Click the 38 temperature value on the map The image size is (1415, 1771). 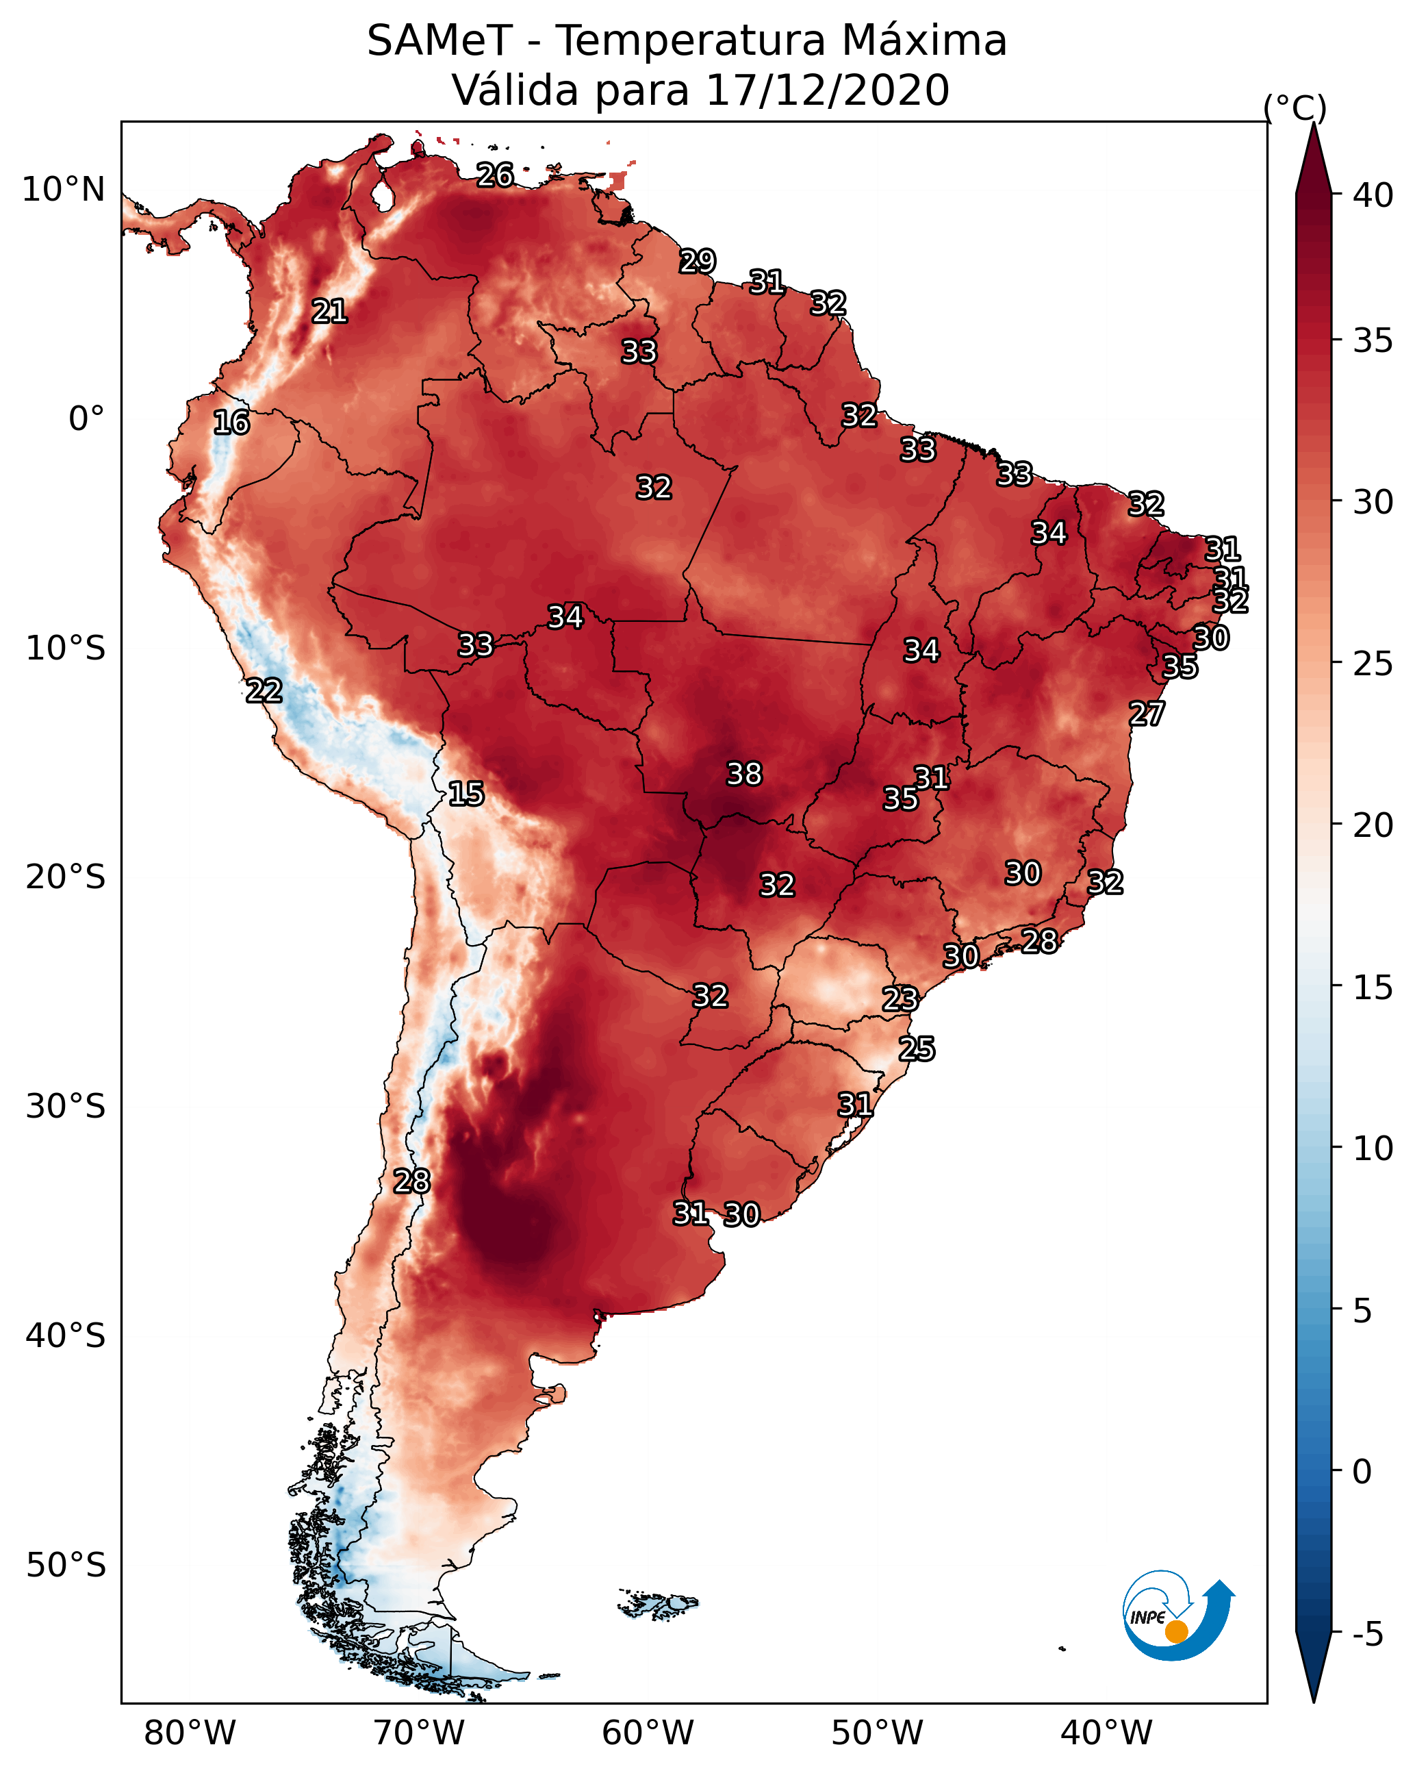click(x=744, y=774)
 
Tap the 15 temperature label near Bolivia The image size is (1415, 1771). click(x=466, y=794)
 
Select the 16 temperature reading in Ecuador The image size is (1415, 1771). click(x=231, y=423)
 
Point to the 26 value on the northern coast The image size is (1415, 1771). click(x=495, y=175)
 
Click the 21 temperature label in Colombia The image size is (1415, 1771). click(x=329, y=312)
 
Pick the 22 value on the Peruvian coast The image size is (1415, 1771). click(x=264, y=691)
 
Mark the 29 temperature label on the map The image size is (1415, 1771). click(x=698, y=261)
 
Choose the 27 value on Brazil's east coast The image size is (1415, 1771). click(x=1147, y=714)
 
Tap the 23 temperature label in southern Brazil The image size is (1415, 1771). click(x=900, y=999)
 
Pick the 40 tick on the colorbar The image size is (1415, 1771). click(x=1373, y=195)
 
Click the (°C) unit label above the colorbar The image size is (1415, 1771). click(x=1295, y=108)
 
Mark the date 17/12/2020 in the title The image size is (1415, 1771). click(x=827, y=90)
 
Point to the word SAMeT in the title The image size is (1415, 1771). click(x=439, y=41)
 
